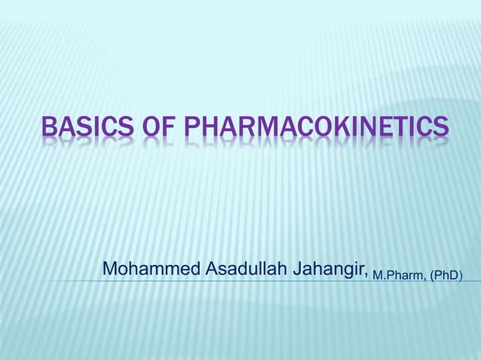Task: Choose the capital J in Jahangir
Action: point(301,268)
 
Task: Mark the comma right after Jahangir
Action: point(366,274)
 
